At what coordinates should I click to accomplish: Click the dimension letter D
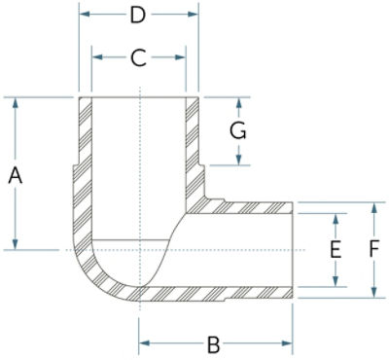click(137, 16)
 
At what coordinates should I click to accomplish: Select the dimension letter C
click(138, 58)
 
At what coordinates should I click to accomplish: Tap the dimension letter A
click(15, 175)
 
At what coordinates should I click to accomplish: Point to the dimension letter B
click(213, 344)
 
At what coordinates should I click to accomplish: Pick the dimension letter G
click(238, 131)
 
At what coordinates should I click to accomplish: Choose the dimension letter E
click(336, 250)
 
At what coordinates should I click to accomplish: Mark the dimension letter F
click(374, 250)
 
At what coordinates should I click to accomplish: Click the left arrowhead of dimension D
click(85, 14)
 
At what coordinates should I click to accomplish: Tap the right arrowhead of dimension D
click(193, 14)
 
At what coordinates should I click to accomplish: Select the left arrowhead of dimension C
click(97, 57)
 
